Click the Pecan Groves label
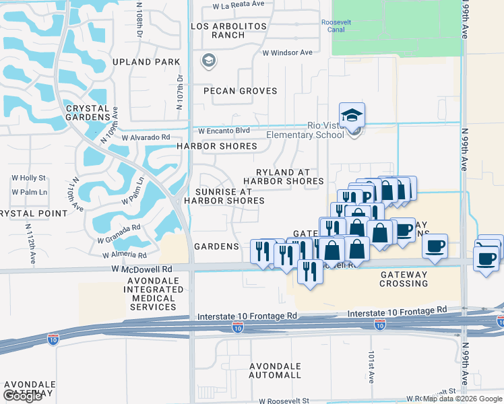click(x=235, y=91)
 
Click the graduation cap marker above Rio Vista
click(x=352, y=116)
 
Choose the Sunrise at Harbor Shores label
click(x=224, y=196)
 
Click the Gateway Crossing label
click(x=404, y=279)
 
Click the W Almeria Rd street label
click(x=124, y=255)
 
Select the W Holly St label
click(x=29, y=178)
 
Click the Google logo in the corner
click(x=23, y=396)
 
